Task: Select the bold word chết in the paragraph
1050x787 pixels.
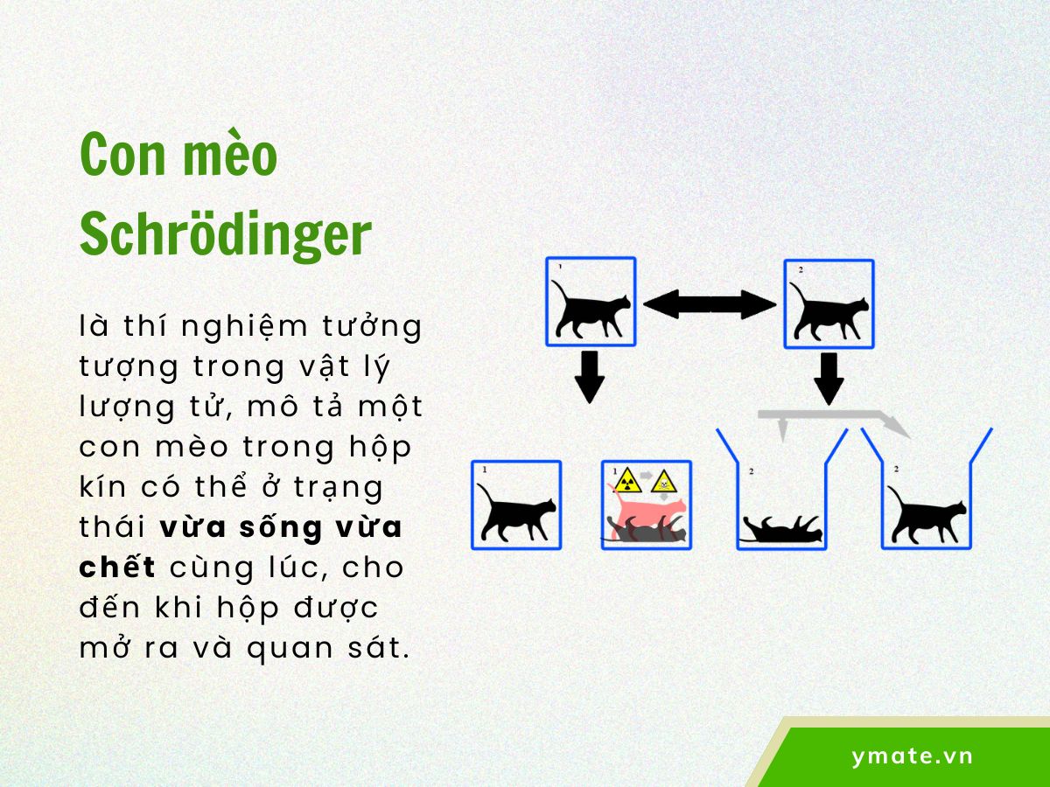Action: [x=117, y=568]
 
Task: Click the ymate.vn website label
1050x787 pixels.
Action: [x=912, y=756]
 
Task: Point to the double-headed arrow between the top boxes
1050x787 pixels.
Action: [x=710, y=304]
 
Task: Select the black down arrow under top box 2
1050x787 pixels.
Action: [x=828, y=376]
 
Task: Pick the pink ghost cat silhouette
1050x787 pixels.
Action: [x=647, y=512]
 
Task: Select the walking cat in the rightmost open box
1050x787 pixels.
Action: [x=927, y=516]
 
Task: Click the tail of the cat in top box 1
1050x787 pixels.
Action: [x=557, y=292]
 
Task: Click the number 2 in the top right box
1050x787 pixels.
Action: [x=800, y=270]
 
